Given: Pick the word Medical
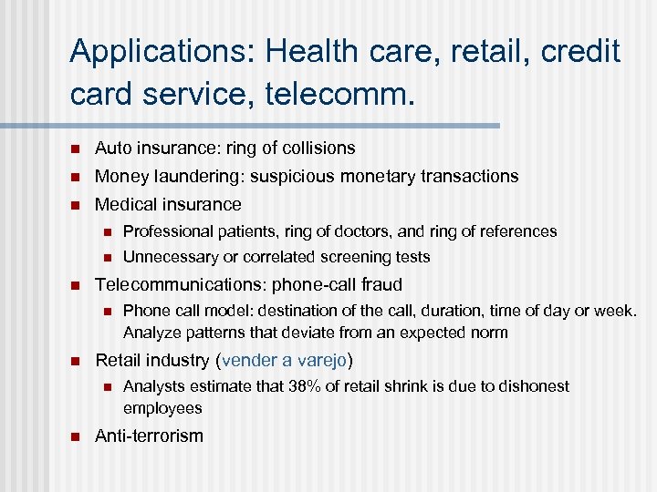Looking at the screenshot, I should pyautogui.click(x=125, y=204).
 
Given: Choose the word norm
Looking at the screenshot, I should pyautogui.click(x=489, y=333).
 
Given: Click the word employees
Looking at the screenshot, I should pyautogui.click(x=162, y=407).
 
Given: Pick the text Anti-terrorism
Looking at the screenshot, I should pyautogui.click(x=149, y=436).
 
